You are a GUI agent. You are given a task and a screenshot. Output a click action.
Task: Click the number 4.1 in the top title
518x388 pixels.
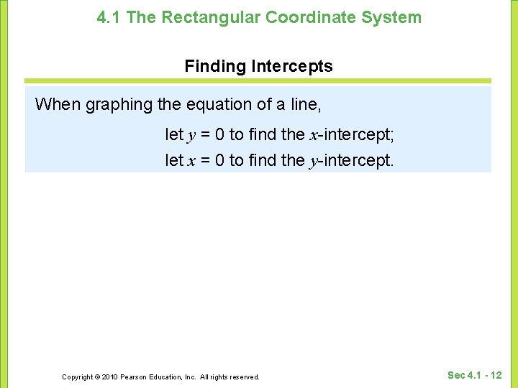tap(109, 18)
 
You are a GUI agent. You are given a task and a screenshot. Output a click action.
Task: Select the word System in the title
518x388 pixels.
tap(393, 18)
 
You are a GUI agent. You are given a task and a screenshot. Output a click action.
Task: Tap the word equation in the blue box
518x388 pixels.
tap(220, 105)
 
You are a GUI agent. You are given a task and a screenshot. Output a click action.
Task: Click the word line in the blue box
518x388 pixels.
tap(304, 105)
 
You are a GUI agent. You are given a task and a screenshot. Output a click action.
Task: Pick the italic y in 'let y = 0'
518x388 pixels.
tap(191, 135)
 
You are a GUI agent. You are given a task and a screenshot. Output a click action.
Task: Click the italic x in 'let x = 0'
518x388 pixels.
tap(191, 161)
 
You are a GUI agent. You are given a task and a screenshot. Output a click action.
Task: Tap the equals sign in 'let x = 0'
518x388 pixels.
tap(205, 161)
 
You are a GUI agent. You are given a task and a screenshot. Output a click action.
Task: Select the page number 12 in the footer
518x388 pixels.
tap(496, 375)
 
